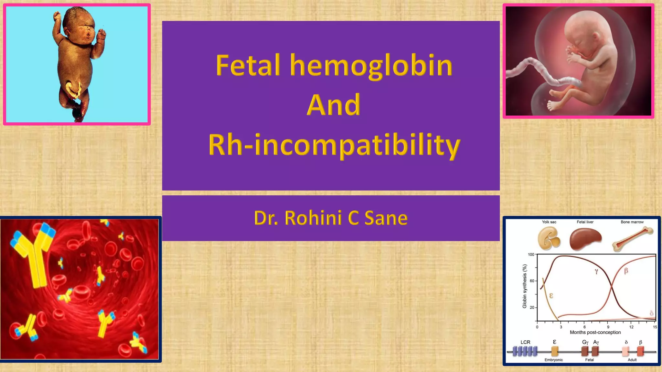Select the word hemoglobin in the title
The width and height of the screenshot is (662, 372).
coord(371,66)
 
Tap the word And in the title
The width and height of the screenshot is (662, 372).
coord(333,105)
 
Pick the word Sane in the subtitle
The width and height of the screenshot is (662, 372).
coord(386,218)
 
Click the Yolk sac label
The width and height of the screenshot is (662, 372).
coord(549,222)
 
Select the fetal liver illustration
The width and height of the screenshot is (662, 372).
coord(585,239)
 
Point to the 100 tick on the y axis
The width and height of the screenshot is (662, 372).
coord(531,254)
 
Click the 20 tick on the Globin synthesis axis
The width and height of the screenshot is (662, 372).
coord(532,307)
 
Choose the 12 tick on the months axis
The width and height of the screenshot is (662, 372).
coord(631,327)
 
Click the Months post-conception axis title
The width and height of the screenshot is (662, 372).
coord(595,332)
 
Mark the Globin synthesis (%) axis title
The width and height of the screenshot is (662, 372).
coord(525,286)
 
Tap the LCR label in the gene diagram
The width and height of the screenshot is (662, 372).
coord(525,342)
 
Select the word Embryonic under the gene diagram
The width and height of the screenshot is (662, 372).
coord(553,360)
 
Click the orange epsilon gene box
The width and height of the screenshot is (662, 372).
coord(555,351)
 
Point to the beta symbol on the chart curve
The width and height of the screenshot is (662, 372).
coord(626,271)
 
